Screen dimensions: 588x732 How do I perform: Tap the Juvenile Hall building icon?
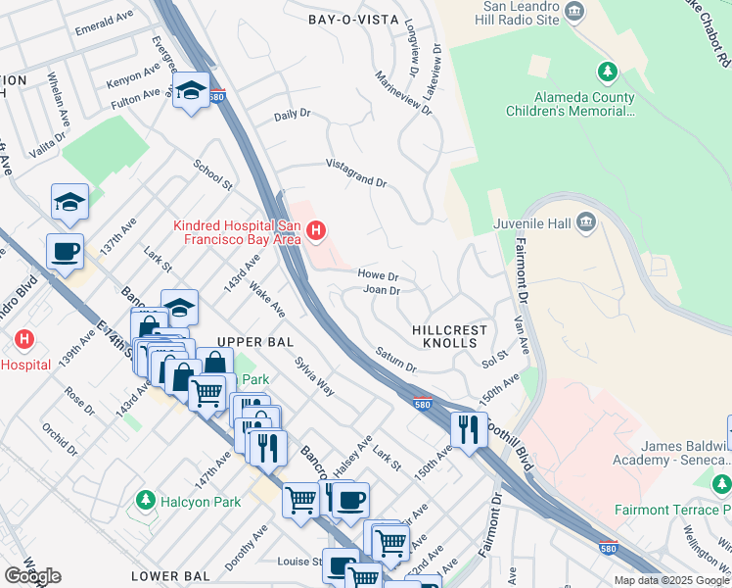586,220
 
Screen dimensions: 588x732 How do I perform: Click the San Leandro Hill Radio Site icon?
574,12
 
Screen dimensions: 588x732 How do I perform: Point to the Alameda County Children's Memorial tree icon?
608,72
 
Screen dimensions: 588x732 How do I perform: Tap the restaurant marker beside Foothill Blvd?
469,428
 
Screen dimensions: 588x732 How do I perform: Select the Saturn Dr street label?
396,359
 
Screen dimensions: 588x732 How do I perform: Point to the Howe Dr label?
378,276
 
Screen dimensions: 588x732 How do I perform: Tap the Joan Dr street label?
382,291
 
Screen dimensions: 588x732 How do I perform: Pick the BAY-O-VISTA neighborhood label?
353,19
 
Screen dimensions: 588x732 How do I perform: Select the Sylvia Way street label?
314,376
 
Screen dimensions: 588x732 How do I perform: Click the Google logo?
32,576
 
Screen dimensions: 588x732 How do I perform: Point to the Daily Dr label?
292,115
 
